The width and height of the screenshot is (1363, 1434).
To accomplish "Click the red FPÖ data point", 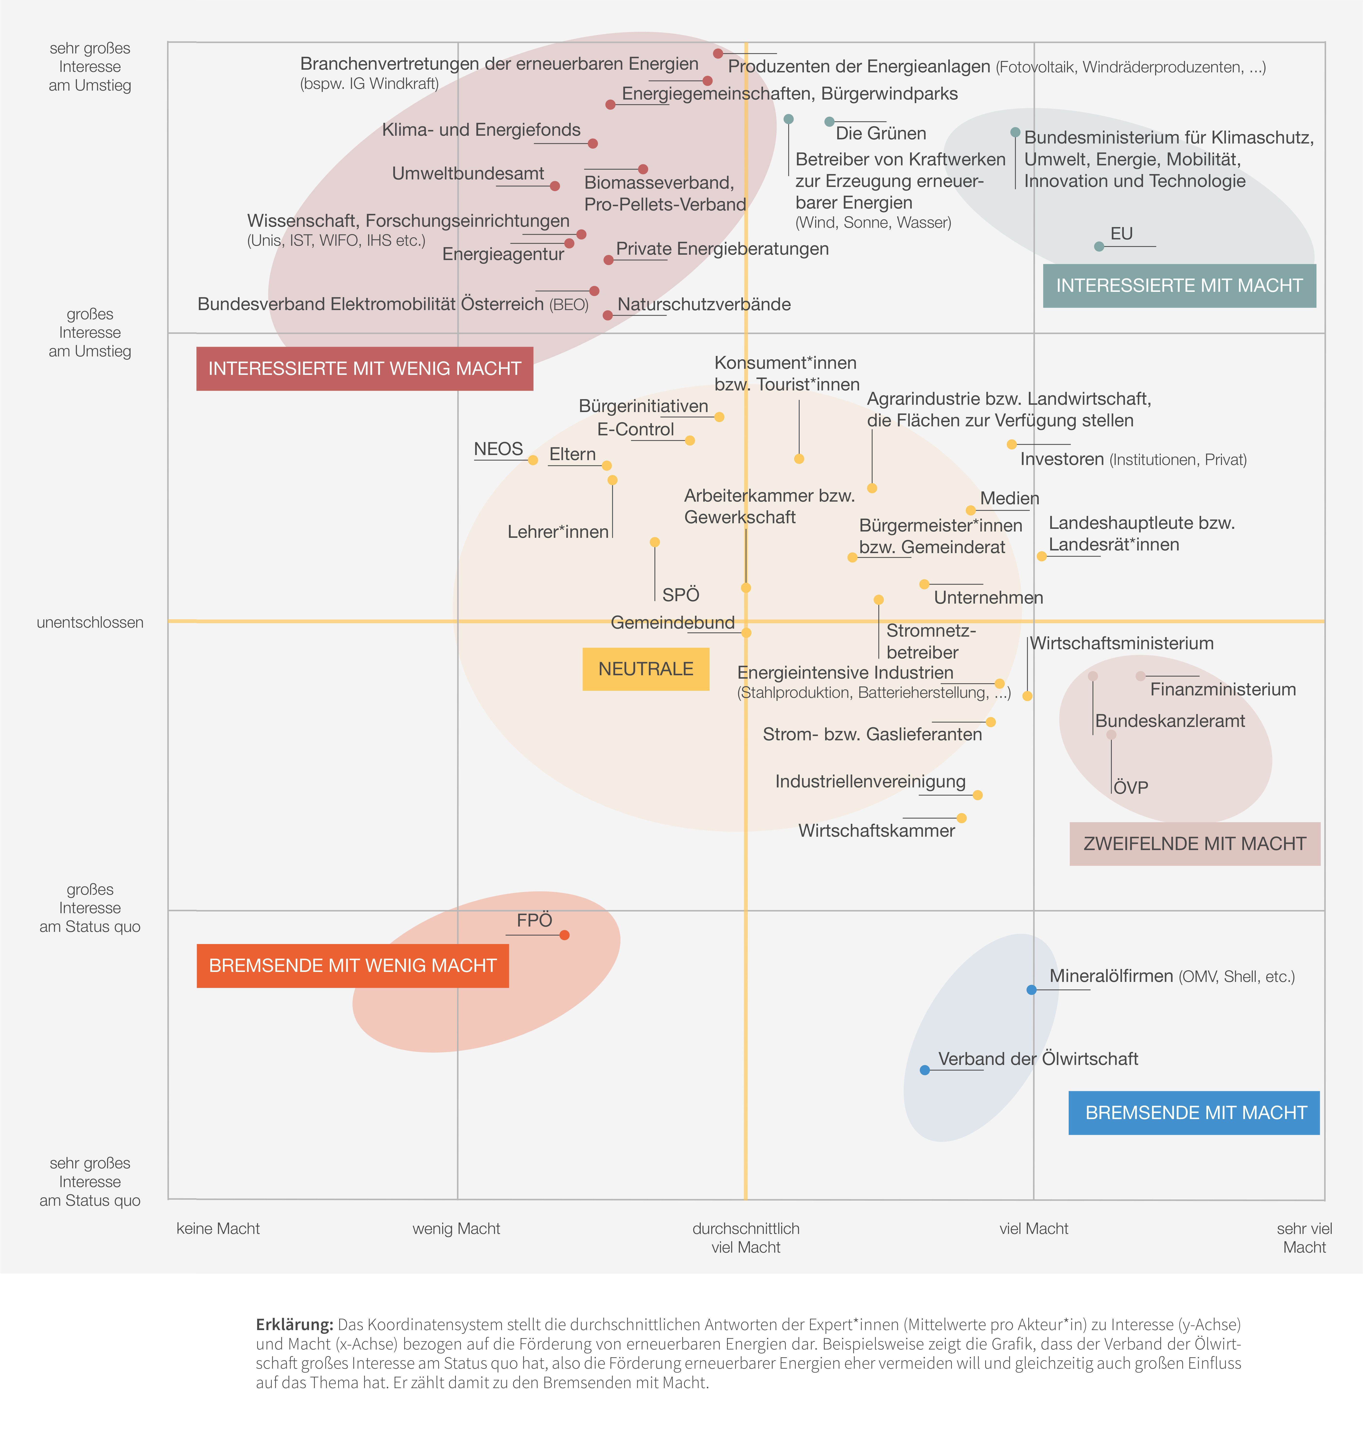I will click(x=565, y=935).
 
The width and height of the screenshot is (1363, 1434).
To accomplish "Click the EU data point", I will click(x=1099, y=246).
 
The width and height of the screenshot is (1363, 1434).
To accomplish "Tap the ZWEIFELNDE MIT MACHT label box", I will click(x=1194, y=844).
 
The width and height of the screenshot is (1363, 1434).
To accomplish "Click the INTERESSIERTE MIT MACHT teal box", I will click(x=1179, y=286).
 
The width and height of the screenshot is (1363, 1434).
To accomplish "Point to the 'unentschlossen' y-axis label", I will click(x=90, y=623).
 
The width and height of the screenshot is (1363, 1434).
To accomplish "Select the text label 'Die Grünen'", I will click(x=880, y=134).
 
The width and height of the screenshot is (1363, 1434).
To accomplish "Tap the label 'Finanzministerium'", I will click(x=1223, y=689).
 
